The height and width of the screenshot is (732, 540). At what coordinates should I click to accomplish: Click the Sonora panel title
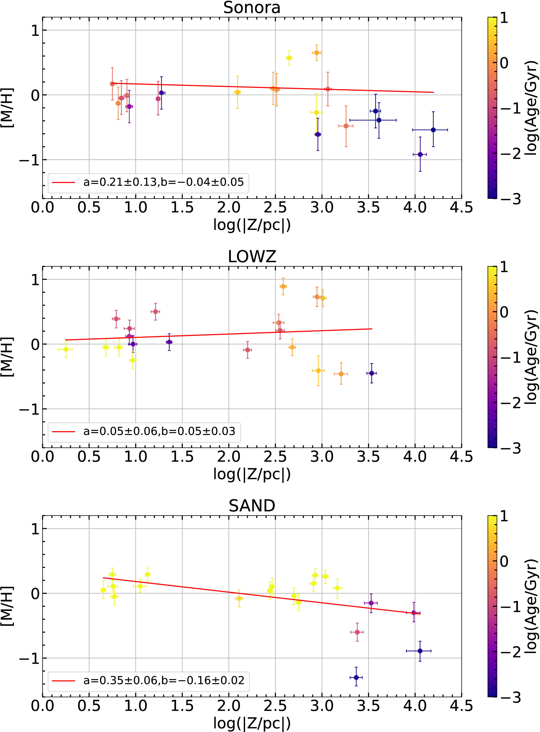[252, 8]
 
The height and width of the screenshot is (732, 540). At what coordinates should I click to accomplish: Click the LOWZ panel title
[252, 257]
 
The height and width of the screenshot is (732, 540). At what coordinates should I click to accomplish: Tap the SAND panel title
[252, 506]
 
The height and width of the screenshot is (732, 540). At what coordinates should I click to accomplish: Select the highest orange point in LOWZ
[283, 286]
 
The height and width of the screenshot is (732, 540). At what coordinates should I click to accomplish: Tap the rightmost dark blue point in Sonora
[433, 130]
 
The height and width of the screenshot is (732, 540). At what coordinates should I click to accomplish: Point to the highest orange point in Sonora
[316, 53]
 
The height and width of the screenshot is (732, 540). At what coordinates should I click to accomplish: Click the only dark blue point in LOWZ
[371, 373]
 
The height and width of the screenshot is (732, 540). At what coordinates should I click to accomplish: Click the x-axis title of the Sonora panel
[252, 225]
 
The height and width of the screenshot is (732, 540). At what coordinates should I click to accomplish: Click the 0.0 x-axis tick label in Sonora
[43, 207]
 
